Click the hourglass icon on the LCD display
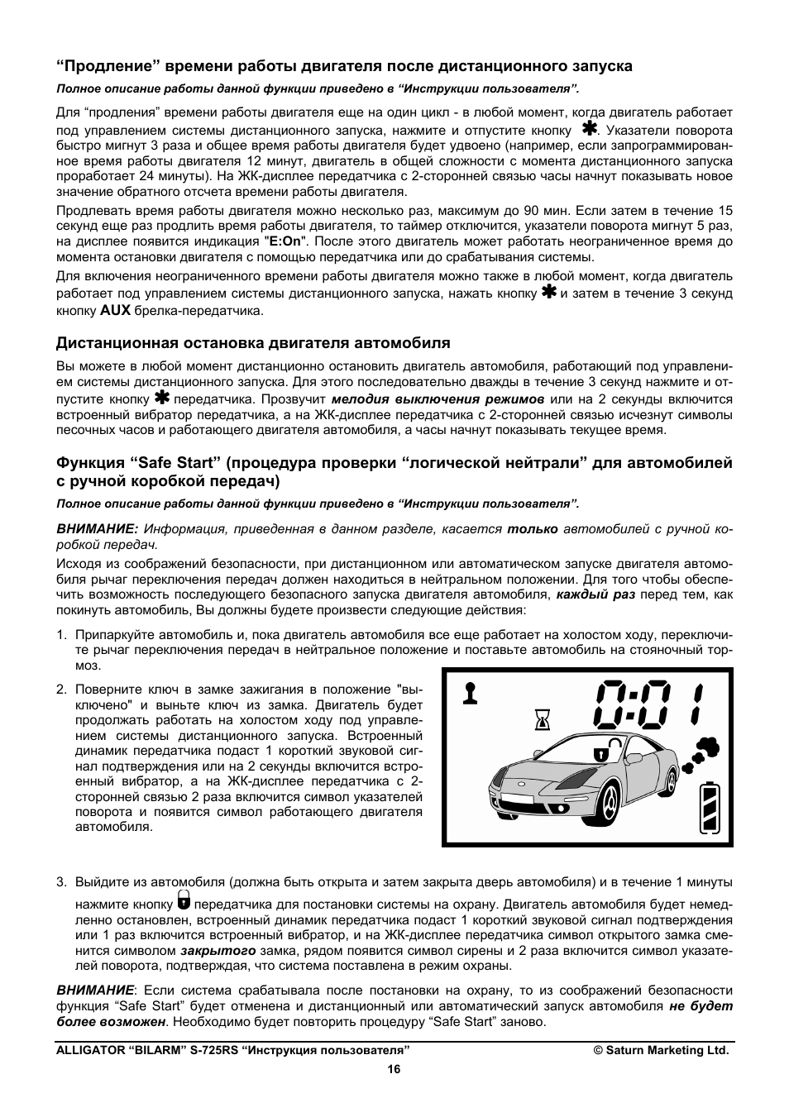542,720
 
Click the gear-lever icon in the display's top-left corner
471,693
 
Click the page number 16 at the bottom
394,1069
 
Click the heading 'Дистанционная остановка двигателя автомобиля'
253,342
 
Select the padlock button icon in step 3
184,902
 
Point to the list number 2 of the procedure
61,690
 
